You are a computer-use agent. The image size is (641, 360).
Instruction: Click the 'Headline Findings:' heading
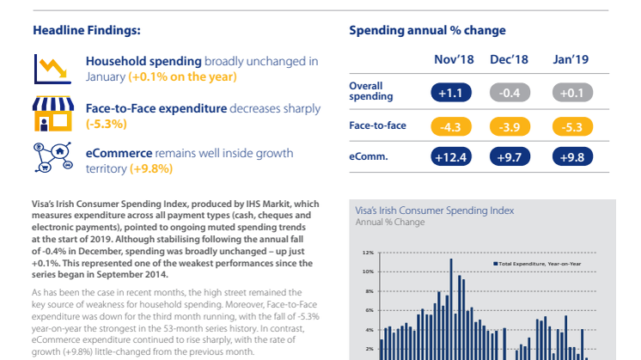click(86, 30)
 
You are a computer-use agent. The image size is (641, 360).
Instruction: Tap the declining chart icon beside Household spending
click(46, 68)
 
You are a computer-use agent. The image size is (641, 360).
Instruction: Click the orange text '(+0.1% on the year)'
click(182, 76)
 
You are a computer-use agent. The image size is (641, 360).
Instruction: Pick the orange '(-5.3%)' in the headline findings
click(107, 124)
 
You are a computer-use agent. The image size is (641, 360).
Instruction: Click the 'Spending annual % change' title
click(427, 30)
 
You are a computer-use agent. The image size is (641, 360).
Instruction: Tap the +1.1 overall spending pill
click(450, 91)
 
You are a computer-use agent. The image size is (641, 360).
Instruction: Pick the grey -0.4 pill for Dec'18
click(509, 91)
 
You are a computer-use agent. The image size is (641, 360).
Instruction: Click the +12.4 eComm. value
click(450, 156)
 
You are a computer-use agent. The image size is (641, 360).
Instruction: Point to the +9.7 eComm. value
click(509, 156)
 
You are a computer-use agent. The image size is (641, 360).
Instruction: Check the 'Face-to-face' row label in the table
click(377, 125)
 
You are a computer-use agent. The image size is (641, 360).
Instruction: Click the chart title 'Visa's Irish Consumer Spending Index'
click(434, 209)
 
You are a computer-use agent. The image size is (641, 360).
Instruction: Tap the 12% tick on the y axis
click(367, 253)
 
